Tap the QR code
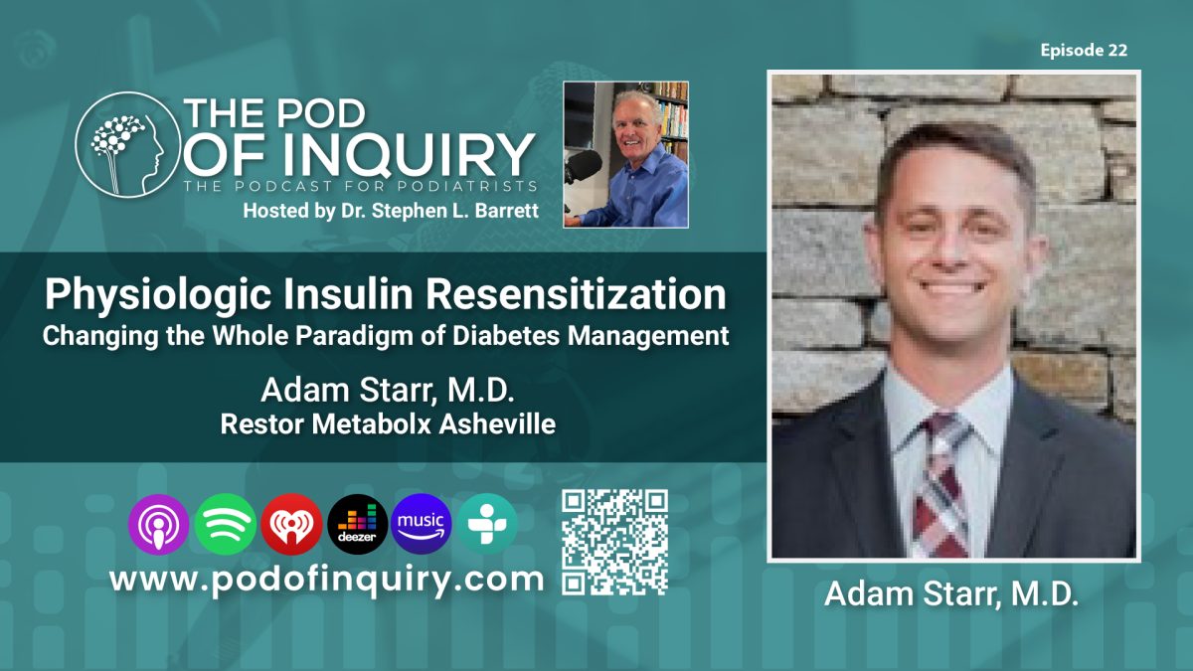click(x=613, y=542)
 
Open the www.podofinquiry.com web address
click(x=326, y=580)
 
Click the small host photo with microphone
click(x=625, y=154)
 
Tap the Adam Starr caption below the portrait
click(x=950, y=594)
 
